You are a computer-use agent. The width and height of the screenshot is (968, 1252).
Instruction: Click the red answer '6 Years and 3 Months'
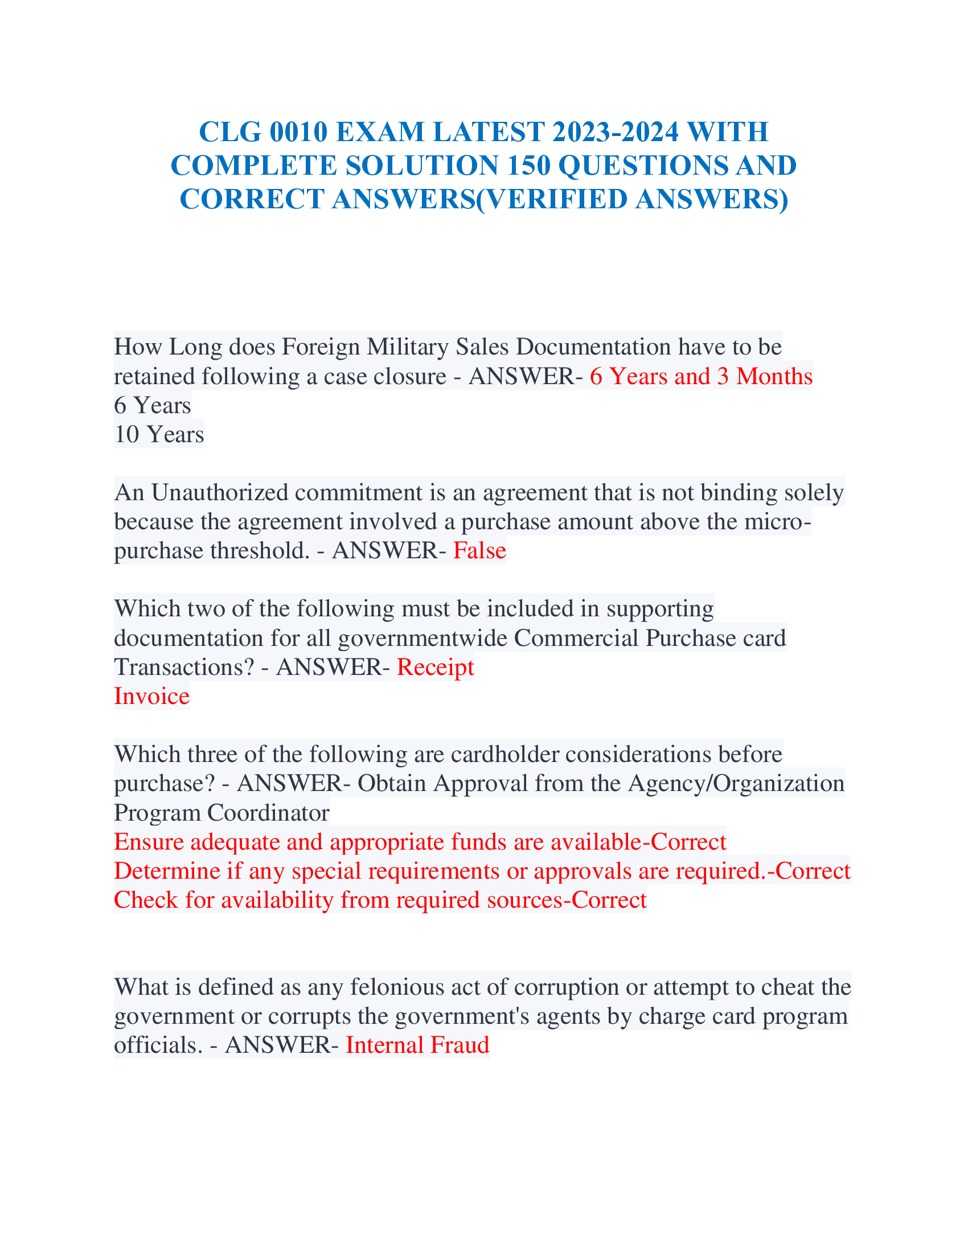click(x=701, y=376)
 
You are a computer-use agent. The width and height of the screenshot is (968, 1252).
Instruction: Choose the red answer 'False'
click(x=479, y=550)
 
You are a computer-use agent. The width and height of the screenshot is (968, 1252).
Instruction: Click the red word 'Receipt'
click(x=435, y=667)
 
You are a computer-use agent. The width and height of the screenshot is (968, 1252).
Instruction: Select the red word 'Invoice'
click(x=151, y=696)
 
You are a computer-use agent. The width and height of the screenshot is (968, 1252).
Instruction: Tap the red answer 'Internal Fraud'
click(x=417, y=1044)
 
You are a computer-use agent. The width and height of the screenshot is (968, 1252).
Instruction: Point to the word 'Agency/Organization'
click(x=736, y=783)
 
